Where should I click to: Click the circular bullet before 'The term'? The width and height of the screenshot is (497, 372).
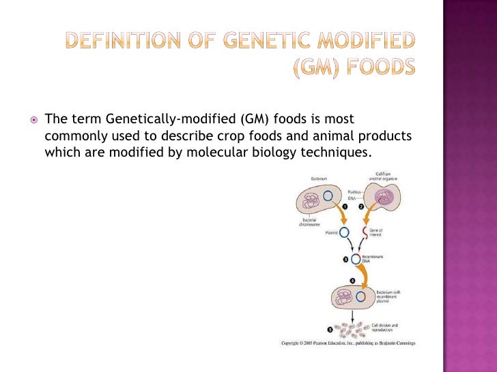click(32, 119)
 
